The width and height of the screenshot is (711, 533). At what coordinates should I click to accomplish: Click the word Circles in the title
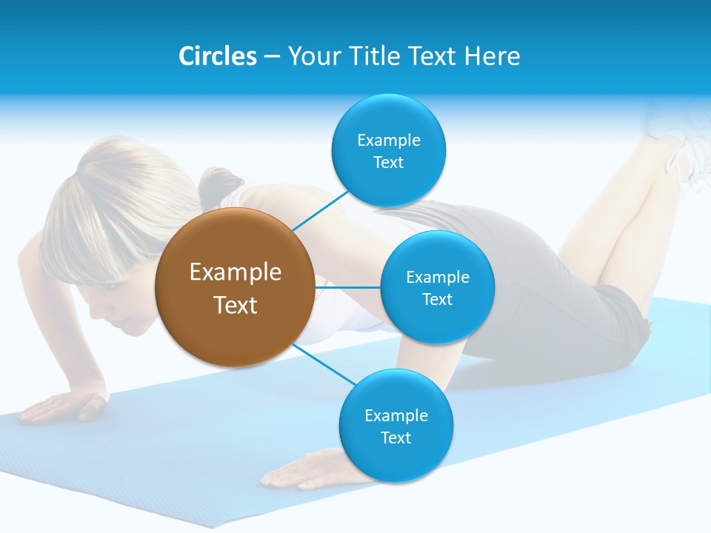point(217,56)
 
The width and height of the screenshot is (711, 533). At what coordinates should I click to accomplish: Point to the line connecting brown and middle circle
point(347,287)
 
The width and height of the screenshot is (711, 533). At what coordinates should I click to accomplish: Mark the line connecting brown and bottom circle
point(324,364)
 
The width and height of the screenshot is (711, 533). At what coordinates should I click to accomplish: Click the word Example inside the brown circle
point(235,272)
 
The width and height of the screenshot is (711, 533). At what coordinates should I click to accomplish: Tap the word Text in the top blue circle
point(388,163)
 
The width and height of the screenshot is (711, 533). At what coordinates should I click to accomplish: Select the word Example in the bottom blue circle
point(395,415)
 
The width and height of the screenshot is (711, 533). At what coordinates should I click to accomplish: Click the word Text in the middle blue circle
point(437,299)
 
